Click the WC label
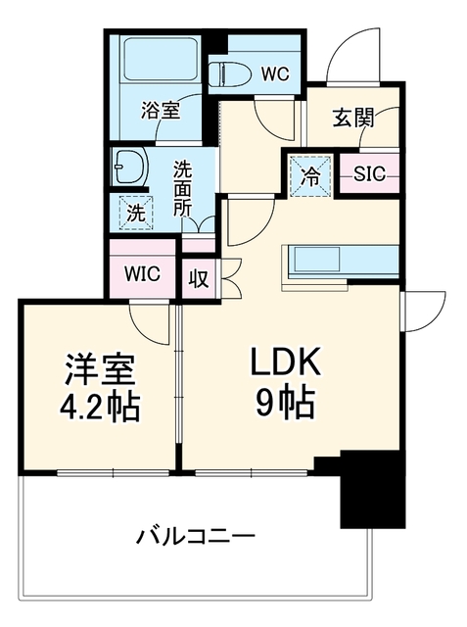coord(275,73)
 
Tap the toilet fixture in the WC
coord(230,74)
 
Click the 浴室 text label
coord(161,110)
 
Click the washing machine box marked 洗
coord(136,213)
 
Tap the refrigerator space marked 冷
coord(310,175)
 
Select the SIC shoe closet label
coord(370,174)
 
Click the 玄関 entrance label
coord(353,119)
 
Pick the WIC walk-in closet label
coord(143,274)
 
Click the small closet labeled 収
coord(199,278)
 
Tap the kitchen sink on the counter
coord(316,260)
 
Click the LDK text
coord(285,362)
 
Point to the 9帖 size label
coord(285,402)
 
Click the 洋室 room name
coord(101,369)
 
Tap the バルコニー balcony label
coord(196,536)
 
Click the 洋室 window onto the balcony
coord(113,473)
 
